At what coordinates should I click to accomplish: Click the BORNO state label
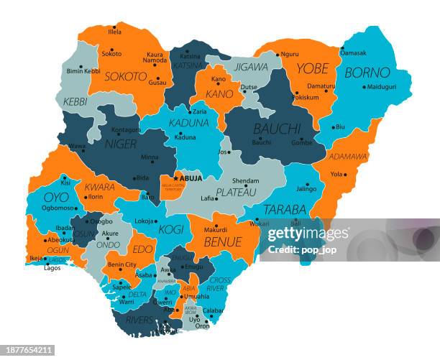367,73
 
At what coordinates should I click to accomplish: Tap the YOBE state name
313,69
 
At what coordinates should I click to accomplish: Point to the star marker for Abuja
175,177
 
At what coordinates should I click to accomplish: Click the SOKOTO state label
126,75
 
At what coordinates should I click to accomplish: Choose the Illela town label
114,32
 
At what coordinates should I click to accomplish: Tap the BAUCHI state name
277,129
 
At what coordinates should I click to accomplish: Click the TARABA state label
285,210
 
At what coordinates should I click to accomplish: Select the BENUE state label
222,242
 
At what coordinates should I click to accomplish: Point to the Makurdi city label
216,230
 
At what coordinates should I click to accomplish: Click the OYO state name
56,196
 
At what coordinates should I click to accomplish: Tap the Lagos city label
52,267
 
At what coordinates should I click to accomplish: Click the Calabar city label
214,310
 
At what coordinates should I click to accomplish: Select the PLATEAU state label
236,192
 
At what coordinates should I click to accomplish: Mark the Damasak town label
353,52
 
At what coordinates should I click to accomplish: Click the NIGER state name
121,144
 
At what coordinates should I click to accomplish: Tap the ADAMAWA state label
349,157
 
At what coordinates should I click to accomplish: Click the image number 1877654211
28,350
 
